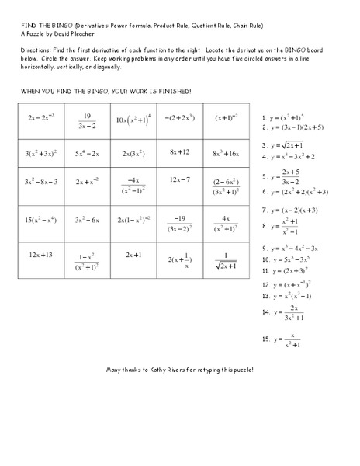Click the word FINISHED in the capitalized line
[171, 92]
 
